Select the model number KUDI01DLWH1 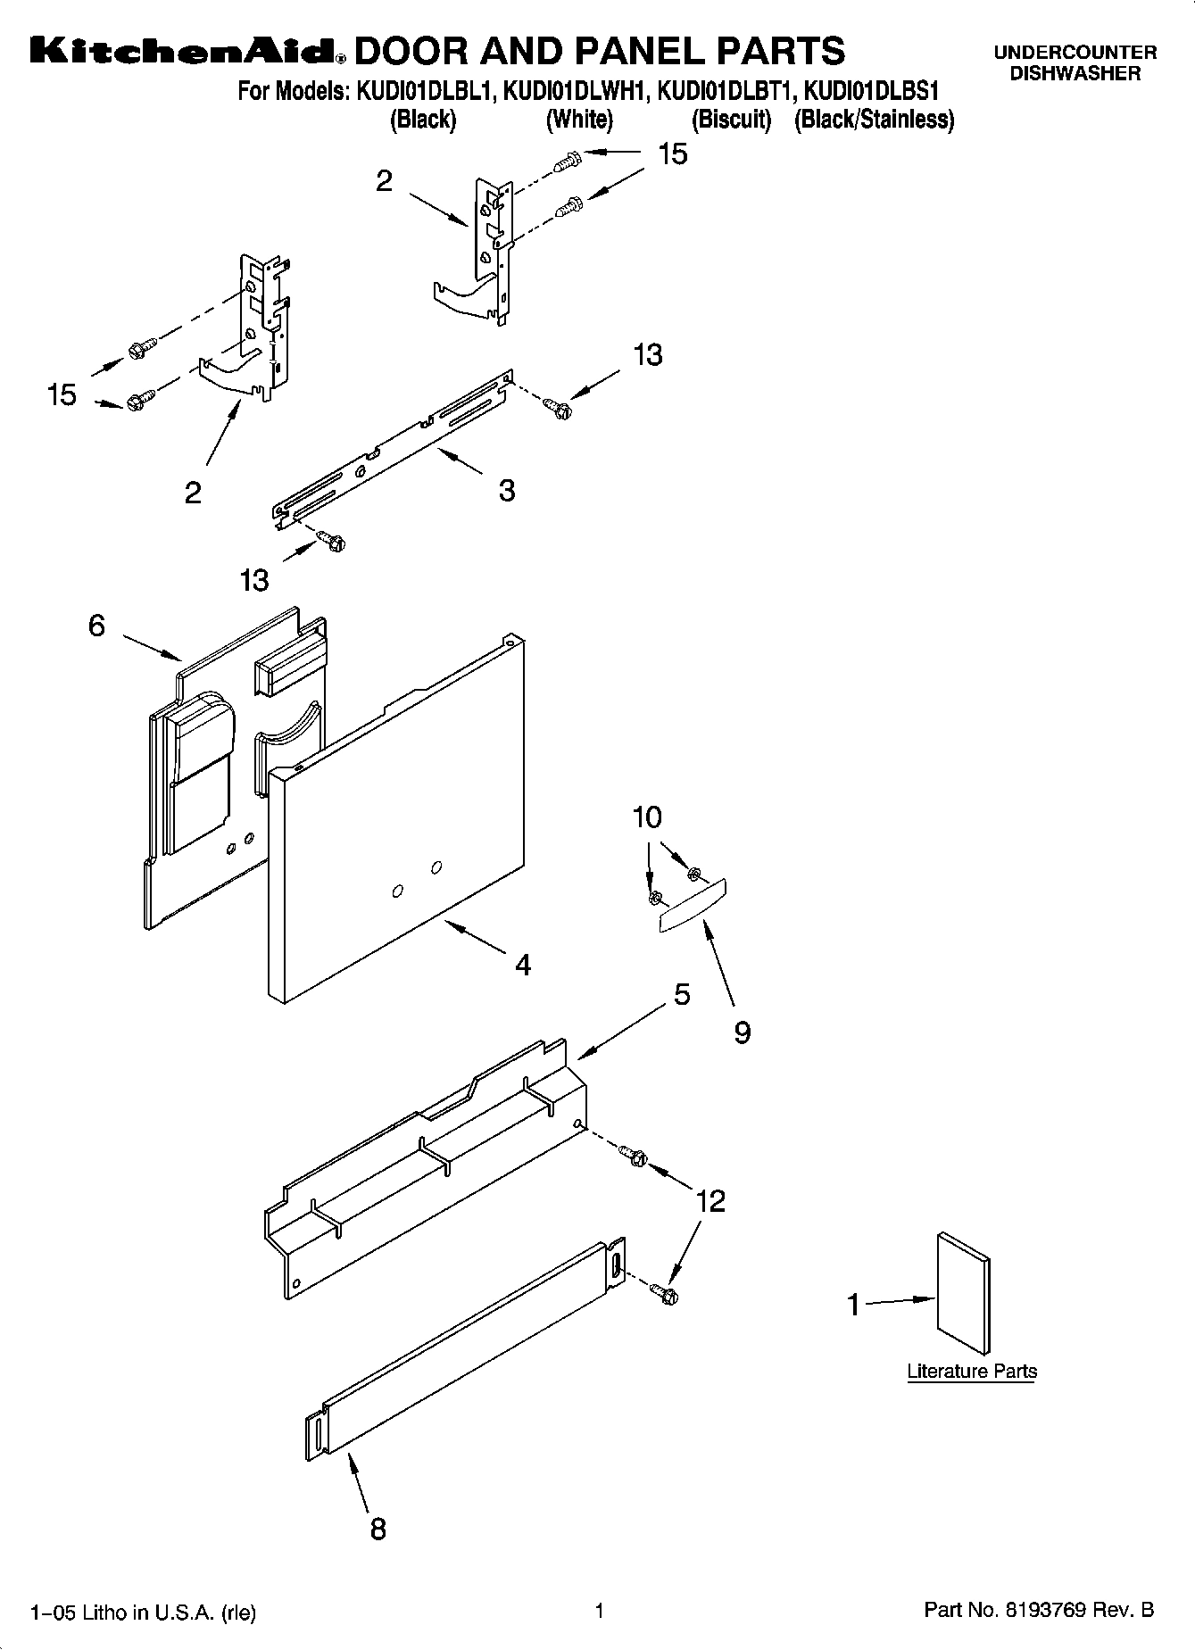click(x=577, y=91)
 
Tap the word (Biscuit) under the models click(x=731, y=120)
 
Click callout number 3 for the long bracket click(x=507, y=490)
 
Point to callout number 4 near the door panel click(x=523, y=965)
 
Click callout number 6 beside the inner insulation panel click(x=96, y=626)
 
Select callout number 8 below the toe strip click(x=378, y=1530)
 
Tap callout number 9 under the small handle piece click(x=742, y=1032)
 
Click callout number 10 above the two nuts click(x=647, y=817)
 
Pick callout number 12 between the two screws click(x=710, y=1200)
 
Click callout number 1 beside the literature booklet click(x=854, y=1306)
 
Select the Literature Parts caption click(x=972, y=1372)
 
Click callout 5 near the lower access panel click(x=682, y=994)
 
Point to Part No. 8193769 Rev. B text click(x=1039, y=1610)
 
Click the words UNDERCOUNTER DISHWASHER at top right click(x=1075, y=63)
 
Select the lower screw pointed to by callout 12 click(x=663, y=1291)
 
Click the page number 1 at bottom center click(x=600, y=1611)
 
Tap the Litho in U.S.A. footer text click(x=143, y=1612)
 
